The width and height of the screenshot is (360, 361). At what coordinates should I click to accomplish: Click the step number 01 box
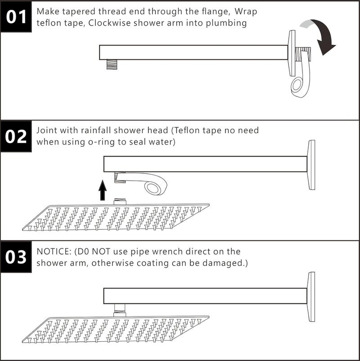pyautogui.click(x=16, y=16)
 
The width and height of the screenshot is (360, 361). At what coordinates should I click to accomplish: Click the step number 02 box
pyautogui.click(x=16, y=136)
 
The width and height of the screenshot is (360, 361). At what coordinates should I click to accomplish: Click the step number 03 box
pyautogui.click(x=16, y=257)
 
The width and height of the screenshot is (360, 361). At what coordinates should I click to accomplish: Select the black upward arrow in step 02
pyautogui.click(x=103, y=190)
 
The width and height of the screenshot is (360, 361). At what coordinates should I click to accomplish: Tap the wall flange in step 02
pyautogui.click(x=311, y=165)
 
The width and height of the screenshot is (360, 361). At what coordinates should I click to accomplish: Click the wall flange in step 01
pyautogui.click(x=292, y=53)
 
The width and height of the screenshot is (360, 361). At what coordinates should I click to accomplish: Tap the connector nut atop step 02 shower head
pyautogui.click(x=120, y=202)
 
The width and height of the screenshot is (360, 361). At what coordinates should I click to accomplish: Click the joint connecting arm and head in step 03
pyautogui.click(x=119, y=310)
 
